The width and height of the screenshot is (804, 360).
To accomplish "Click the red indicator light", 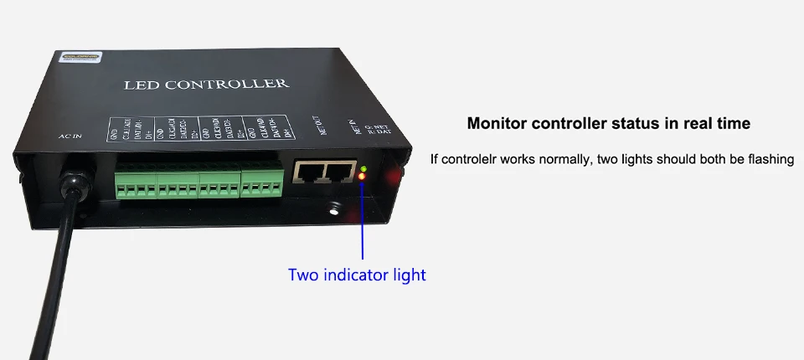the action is click(362, 177).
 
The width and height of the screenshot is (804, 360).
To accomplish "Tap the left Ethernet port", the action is click(310, 174).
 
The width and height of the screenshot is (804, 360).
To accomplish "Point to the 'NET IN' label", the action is click(354, 126).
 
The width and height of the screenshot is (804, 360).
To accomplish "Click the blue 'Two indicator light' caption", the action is click(357, 275).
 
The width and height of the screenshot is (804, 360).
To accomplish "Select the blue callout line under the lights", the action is click(363, 222).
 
